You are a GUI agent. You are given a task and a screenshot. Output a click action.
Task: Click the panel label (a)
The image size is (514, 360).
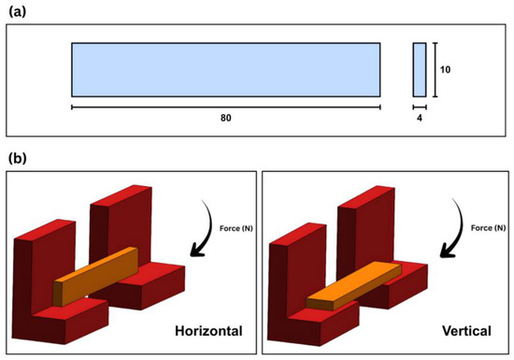(18, 12)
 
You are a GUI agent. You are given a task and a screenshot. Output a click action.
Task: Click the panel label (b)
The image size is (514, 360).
(18, 158)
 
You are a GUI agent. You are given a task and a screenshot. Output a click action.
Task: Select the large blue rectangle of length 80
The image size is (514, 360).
(226, 70)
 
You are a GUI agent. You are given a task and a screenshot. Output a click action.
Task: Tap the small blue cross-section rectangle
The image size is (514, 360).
(420, 70)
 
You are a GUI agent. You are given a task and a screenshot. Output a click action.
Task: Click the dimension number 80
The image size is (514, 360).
(225, 118)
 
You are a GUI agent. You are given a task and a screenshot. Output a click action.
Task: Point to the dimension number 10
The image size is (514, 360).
(445, 69)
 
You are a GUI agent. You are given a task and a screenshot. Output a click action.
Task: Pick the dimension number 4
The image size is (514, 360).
(420, 118)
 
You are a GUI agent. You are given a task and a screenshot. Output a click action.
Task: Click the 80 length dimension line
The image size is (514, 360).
(226, 107)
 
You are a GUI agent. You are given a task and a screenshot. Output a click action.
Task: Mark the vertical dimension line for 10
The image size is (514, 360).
(435, 70)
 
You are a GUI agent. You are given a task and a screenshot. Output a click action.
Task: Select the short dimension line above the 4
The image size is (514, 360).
(420, 107)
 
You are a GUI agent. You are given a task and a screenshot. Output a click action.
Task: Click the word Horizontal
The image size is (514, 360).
(208, 331)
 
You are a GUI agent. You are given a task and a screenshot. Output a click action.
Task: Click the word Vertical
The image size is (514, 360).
(466, 331)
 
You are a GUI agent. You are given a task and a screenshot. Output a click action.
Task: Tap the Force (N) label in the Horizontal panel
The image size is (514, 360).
(236, 228)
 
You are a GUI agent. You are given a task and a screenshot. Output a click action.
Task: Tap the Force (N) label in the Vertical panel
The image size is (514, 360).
(488, 228)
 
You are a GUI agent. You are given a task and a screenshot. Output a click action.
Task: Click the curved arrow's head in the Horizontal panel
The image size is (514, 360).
(197, 250)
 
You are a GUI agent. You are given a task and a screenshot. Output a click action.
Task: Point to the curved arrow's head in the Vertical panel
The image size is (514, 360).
(447, 251)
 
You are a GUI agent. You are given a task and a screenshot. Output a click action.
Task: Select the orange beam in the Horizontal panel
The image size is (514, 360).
(95, 277)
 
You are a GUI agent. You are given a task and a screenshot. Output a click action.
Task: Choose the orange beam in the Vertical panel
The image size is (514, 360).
(354, 286)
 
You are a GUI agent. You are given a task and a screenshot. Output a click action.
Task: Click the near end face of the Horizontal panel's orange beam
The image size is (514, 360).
(58, 294)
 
